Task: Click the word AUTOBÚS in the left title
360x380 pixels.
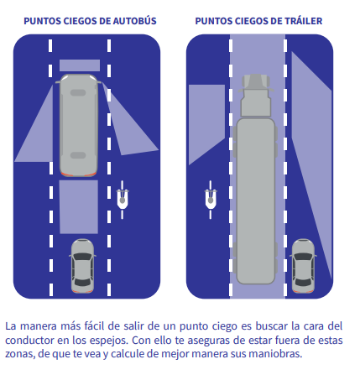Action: click(x=134, y=21)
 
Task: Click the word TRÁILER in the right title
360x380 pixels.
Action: click(x=304, y=21)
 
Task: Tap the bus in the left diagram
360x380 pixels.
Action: click(x=79, y=125)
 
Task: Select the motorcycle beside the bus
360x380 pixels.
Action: click(x=123, y=200)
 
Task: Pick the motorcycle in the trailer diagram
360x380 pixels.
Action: click(x=211, y=200)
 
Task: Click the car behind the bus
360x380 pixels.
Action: click(x=82, y=266)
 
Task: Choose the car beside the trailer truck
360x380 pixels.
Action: click(x=303, y=266)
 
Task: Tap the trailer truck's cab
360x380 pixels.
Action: click(x=256, y=95)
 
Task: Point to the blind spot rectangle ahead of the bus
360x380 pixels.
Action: click(x=80, y=65)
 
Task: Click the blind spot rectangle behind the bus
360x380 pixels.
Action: click(x=79, y=207)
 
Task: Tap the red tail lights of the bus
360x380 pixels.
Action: click(x=79, y=174)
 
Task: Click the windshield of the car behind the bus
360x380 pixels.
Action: click(x=82, y=257)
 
